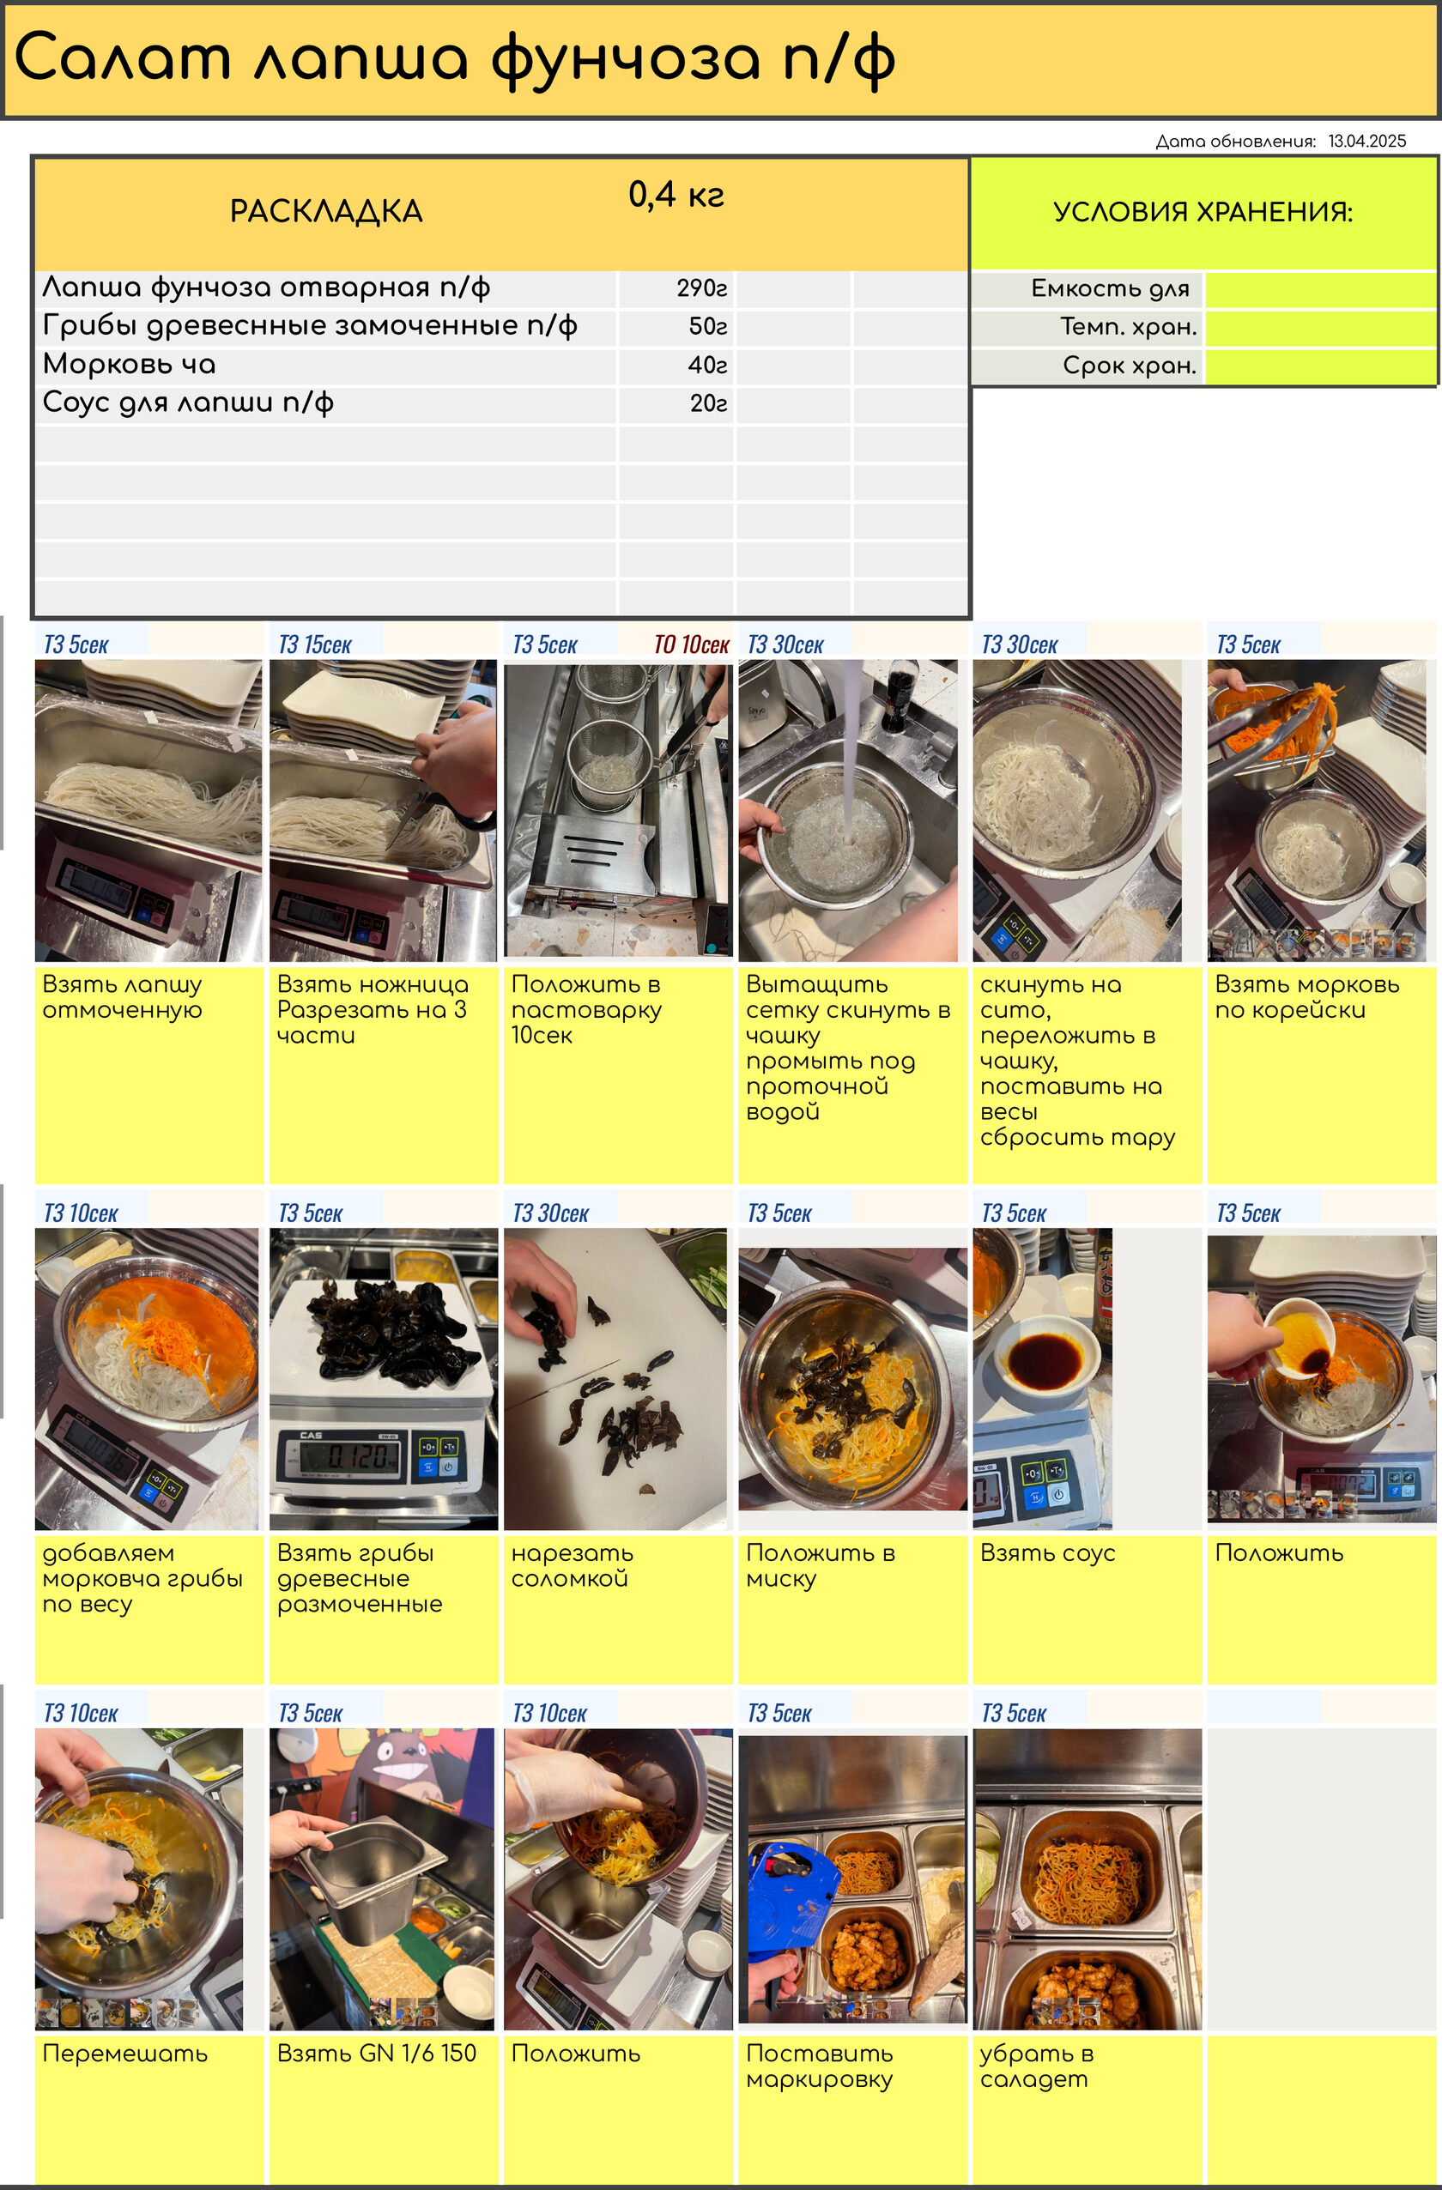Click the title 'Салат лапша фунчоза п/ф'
[455, 60]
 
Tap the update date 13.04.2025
[1366, 141]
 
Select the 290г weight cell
[702, 288]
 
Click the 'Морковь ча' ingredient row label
[130, 365]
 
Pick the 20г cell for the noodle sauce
[709, 403]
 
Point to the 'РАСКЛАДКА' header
[326, 212]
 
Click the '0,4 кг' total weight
[676, 194]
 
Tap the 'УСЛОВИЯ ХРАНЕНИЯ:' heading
[1203, 213]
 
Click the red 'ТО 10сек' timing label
[691, 645]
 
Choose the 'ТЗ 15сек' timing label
[315, 645]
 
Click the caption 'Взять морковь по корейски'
[1306, 996]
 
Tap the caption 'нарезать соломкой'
[572, 1565]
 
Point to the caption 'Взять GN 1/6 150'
[376, 2053]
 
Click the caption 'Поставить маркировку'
[819, 2066]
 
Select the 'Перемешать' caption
[125, 2054]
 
